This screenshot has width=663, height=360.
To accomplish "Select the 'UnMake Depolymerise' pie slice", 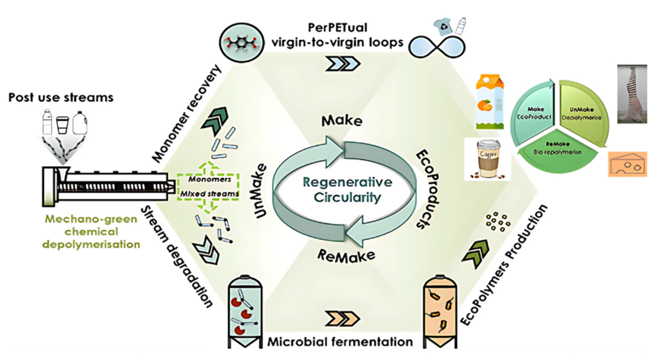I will [x=580, y=108].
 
